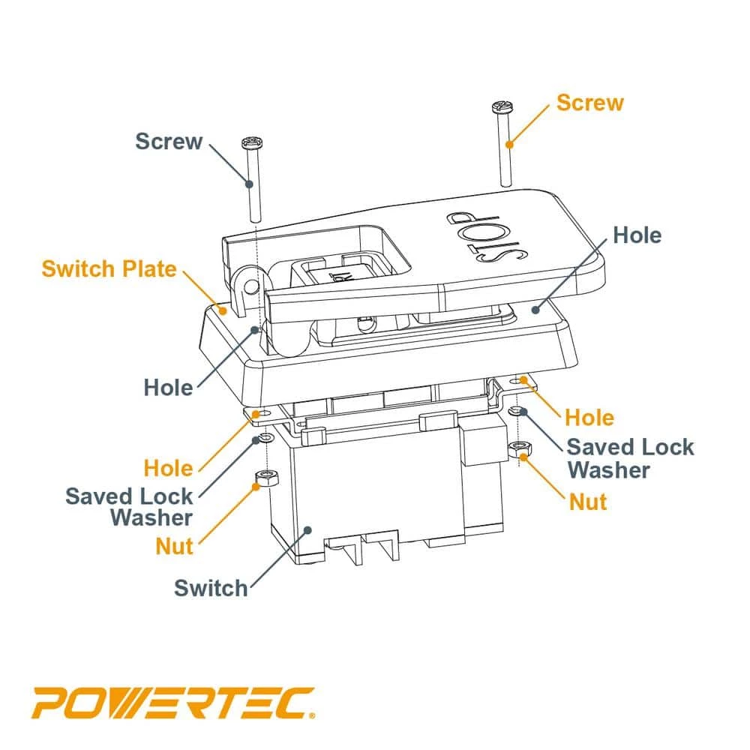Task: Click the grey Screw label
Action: [169, 141]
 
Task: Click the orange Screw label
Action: [589, 103]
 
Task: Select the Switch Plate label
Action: [109, 268]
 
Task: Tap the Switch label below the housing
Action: [211, 587]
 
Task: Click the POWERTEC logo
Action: [172, 703]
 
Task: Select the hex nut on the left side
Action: [264, 477]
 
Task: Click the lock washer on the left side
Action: [265, 438]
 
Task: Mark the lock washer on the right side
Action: [516, 412]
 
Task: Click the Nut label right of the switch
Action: [588, 501]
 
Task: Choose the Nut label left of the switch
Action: [175, 546]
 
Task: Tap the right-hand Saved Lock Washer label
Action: [629, 458]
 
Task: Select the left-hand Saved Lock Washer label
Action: [129, 506]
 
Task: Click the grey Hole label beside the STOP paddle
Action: [637, 235]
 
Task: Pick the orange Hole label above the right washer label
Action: [589, 417]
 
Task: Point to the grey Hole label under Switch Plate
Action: [168, 388]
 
